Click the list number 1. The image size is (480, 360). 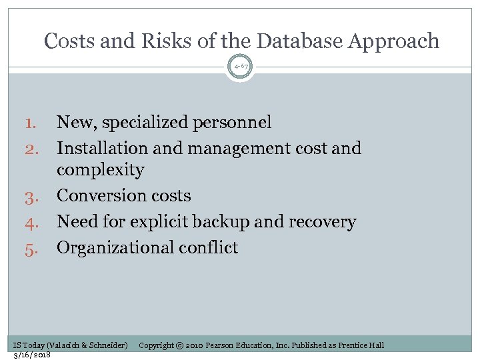33,123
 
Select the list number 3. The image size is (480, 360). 33,196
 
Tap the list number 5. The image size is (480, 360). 33,248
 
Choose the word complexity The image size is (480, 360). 100,171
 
